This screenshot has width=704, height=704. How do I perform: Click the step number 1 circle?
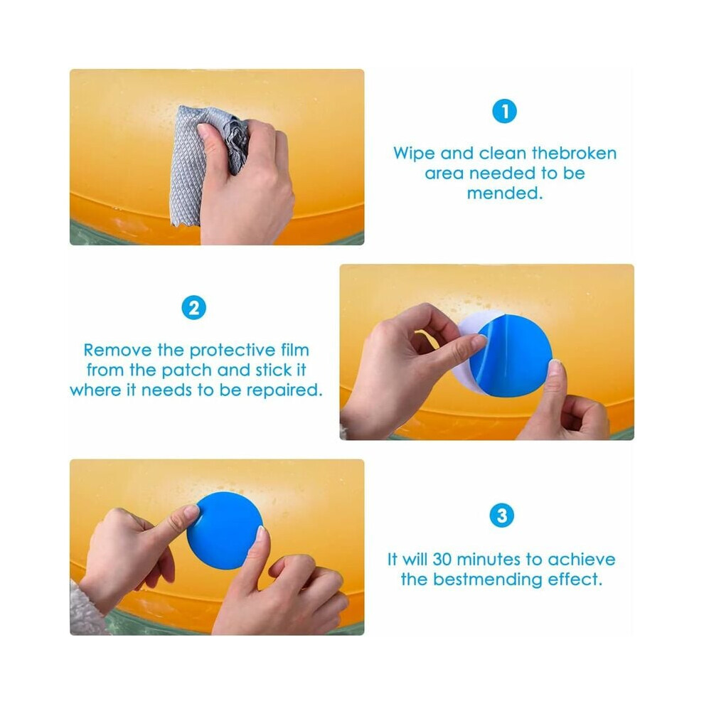click(x=504, y=111)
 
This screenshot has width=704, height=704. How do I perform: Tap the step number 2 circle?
click(x=194, y=308)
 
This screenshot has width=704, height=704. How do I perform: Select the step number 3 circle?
click(x=501, y=516)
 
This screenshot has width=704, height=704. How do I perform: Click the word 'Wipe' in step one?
click(x=415, y=153)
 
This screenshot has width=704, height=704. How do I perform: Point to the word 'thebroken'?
click(x=575, y=153)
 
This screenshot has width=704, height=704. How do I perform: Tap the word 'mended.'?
click(x=505, y=193)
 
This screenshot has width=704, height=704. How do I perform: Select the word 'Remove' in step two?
click(x=117, y=350)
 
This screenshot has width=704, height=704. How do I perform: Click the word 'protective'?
click(x=232, y=350)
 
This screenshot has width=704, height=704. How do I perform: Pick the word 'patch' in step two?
click(x=186, y=370)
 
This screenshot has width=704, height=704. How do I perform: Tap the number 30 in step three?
click(x=442, y=560)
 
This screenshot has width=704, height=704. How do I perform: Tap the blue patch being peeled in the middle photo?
click(x=511, y=356)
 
